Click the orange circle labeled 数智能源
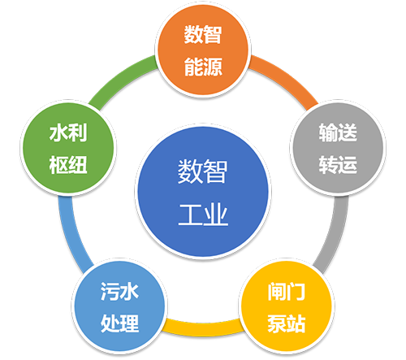pyautogui.click(x=203, y=50)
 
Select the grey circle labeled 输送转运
pyautogui.click(x=338, y=148)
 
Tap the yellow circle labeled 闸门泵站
pyautogui.click(x=287, y=306)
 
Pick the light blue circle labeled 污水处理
pyautogui.click(x=119, y=306)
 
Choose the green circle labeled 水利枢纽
pyautogui.click(x=68, y=148)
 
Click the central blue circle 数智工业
pyautogui.click(x=203, y=192)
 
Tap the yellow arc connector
pyautogui.click(x=203, y=328)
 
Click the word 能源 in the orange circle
pyautogui.click(x=203, y=67)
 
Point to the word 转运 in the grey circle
pyautogui.click(x=338, y=164)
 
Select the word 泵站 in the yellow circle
pyautogui.click(x=287, y=323)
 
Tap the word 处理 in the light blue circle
pyautogui.click(x=119, y=323)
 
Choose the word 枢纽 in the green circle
pyautogui.click(x=68, y=165)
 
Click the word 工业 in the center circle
pyautogui.click(x=203, y=214)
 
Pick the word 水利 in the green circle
pyautogui.click(x=68, y=132)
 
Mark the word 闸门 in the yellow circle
pyautogui.click(x=287, y=292)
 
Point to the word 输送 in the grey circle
pyautogui.click(x=338, y=132)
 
